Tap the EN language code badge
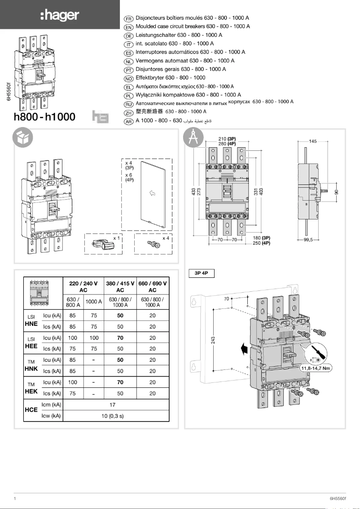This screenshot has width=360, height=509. (x=128, y=27)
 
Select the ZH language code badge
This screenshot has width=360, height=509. (x=128, y=112)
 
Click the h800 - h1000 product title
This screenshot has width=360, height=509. (x=44, y=117)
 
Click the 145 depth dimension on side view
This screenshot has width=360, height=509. (x=312, y=141)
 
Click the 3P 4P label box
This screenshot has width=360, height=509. (x=201, y=273)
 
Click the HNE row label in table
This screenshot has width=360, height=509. (x=31, y=324)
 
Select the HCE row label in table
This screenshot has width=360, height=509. (x=31, y=410)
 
